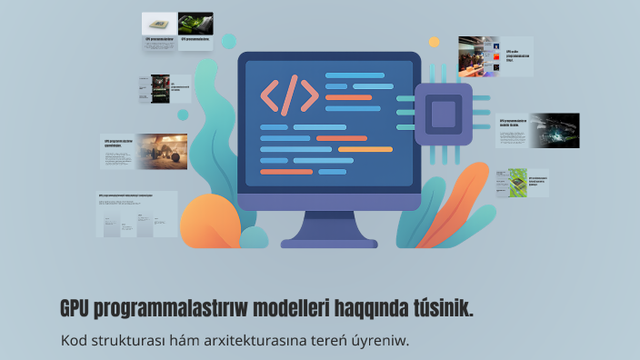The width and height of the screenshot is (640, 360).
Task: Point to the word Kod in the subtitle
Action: [x=74, y=342]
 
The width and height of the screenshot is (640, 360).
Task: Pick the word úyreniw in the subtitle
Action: [x=381, y=342]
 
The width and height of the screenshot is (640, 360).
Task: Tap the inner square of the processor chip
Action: [x=443, y=115]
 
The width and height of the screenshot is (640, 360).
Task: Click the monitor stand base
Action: [x=328, y=243]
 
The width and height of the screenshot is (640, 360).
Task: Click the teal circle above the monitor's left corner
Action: [x=229, y=41]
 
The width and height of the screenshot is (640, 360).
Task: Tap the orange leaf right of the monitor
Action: [x=455, y=200]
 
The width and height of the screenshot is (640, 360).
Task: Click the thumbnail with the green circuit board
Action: [x=518, y=181]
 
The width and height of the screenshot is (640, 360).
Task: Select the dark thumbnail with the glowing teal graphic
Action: [x=555, y=129]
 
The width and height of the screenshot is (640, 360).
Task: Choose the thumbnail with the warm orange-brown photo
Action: [x=163, y=151]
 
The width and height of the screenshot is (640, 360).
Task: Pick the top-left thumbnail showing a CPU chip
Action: [x=159, y=23]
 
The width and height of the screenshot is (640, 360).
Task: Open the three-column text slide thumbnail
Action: [x=136, y=215]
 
